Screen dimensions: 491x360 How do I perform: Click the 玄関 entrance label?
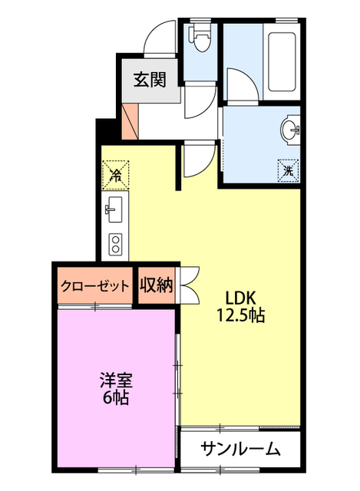(x=150, y=79)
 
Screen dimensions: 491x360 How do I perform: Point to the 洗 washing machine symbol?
(x=288, y=170)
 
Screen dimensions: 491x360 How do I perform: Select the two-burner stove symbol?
(x=116, y=243)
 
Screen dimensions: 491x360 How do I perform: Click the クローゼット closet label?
(x=94, y=286)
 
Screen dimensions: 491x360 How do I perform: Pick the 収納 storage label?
(x=157, y=285)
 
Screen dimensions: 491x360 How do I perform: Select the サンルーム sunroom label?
(x=239, y=449)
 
